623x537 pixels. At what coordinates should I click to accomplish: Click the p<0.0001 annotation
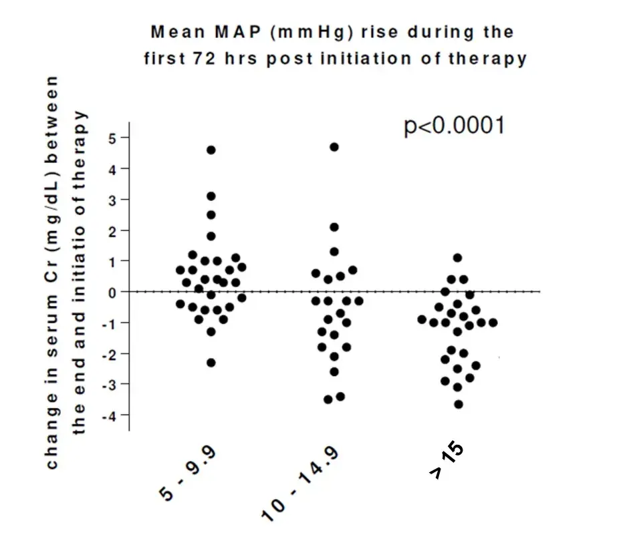pyautogui.click(x=454, y=126)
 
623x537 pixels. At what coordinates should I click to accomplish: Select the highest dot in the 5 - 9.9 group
pyautogui.click(x=211, y=150)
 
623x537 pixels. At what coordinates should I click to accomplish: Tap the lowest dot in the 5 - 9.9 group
pyautogui.click(x=211, y=363)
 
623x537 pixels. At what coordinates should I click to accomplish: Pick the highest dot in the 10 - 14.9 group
pyautogui.click(x=334, y=147)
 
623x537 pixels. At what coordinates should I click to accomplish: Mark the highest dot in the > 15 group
pyautogui.click(x=458, y=258)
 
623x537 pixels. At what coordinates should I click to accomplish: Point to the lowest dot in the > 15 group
pyautogui.click(x=459, y=404)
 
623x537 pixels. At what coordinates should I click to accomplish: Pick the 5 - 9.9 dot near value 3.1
pyautogui.click(x=211, y=196)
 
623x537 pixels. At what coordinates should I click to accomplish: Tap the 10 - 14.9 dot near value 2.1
pyautogui.click(x=334, y=227)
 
